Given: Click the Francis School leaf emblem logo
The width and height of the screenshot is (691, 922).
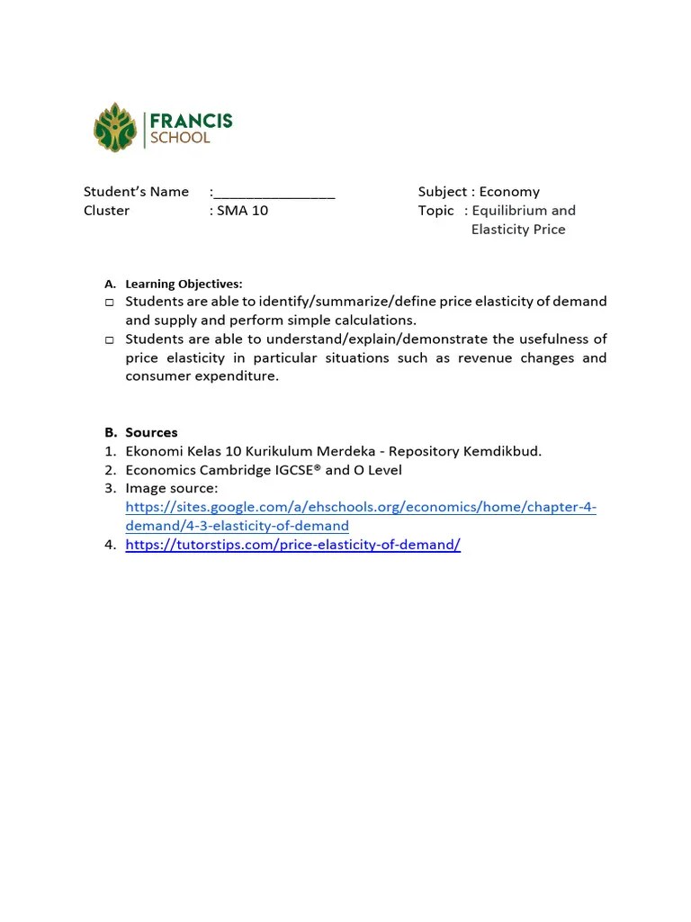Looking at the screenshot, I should coord(114,127).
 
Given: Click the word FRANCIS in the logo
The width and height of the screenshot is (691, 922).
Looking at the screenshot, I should coord(191,121).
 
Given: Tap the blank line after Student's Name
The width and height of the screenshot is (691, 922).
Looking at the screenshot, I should coord(274,192).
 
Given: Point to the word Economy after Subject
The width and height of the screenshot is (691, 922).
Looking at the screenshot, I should coord(509,192).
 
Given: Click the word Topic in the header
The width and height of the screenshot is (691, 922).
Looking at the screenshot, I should coord(436,211).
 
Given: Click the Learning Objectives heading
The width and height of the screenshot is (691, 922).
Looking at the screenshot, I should coord(184,284).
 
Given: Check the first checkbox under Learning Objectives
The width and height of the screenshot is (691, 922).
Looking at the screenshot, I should coord(109,303).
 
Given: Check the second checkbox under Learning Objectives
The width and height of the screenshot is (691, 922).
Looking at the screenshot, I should coord(109,340).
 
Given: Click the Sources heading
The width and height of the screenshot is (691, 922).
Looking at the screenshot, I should coord(151,432).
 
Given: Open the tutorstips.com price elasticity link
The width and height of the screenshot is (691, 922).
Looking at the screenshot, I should coord(292,545).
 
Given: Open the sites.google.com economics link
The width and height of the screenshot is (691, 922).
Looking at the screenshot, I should coord(361,508).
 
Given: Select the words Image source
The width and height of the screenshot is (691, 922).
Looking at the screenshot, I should coord(171,489).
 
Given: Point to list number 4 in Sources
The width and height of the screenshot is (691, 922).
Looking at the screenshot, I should coord(110,545).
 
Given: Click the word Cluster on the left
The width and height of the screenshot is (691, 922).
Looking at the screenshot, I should coord(106,211).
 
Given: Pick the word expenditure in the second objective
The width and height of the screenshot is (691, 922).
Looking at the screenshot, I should coord(238,376).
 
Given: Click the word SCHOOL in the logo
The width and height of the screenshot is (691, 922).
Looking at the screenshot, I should coord(180,139).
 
